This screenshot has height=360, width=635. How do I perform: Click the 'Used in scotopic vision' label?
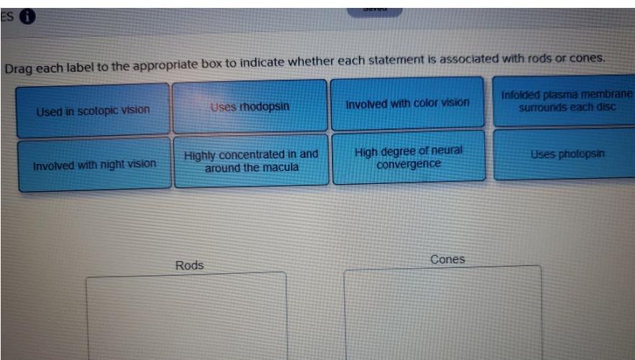93,110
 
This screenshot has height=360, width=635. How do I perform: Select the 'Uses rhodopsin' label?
249,106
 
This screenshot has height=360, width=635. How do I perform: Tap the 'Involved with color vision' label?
407,103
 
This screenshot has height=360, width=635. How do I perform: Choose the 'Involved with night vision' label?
94,164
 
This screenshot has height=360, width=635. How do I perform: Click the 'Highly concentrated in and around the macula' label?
251,160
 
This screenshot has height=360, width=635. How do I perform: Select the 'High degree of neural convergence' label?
408,157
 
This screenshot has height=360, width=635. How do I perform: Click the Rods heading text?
190,265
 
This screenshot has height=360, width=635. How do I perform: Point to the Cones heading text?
448,259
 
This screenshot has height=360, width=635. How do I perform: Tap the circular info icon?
28,16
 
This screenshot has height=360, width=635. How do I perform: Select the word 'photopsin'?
579,154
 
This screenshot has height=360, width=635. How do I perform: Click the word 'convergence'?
408,163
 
